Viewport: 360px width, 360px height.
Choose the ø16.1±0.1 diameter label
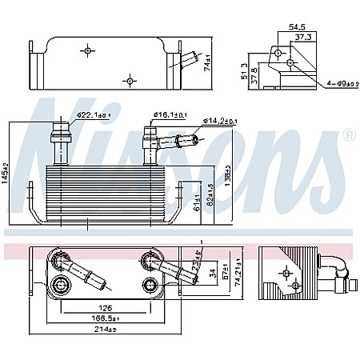(x=171, y=115)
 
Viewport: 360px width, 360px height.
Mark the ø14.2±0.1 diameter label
(x=220, y=121)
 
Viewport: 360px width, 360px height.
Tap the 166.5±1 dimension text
(x=105, y=317)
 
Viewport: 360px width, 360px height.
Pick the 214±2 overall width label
(x=105, y=329)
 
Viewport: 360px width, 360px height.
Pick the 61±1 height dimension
(x=197, y=205)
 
